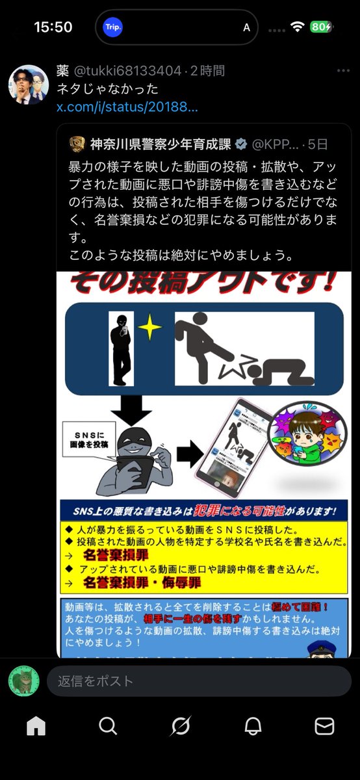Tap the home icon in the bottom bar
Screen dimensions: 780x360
click(36, 725)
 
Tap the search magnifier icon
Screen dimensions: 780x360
click(108, 725)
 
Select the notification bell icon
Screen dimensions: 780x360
click(253, 725)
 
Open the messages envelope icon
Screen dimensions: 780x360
click(324, 725)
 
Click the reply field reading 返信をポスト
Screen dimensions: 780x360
click(198, 681)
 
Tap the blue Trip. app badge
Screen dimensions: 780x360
click(113, 27)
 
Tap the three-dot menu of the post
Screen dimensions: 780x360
click(342, 70)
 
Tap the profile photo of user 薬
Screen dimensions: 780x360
click(26, 85)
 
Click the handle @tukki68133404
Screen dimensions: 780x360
click(129, 71)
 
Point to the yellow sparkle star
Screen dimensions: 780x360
click(151, 328)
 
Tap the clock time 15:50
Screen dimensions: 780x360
click(53, 27)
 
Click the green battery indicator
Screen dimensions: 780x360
click(321, 27)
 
